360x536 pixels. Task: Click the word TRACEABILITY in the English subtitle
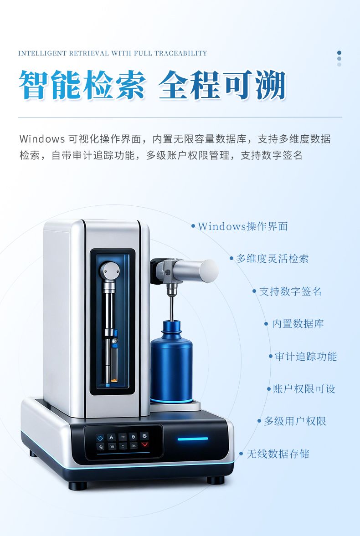pos(181,53)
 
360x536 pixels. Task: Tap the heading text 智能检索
pos(82,85)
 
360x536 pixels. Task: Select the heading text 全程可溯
pos(222,85)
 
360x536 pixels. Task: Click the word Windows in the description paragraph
pos(42,139)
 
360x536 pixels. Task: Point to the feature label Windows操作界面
pos(242,226)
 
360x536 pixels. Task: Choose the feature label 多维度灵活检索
pos(273,258)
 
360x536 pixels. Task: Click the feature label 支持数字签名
pos(290,291)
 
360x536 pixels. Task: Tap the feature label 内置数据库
pos(298,324)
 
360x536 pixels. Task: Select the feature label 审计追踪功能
pos(306,357)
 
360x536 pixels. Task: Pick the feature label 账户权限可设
pos(304,388)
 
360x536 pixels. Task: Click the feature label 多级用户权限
pos(295,421)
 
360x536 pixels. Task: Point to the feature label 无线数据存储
pos(278,454)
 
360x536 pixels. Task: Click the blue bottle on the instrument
pos(171,362)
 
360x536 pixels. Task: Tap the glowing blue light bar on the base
pos(193,439)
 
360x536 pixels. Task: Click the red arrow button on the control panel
pos(144,444)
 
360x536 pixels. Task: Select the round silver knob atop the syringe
pos(110,271)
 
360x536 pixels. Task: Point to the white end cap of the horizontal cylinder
pos(209,271)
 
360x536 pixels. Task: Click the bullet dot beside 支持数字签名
pos(254,291)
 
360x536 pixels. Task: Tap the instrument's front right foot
pos(216,480)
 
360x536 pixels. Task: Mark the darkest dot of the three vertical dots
pos(339,53)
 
